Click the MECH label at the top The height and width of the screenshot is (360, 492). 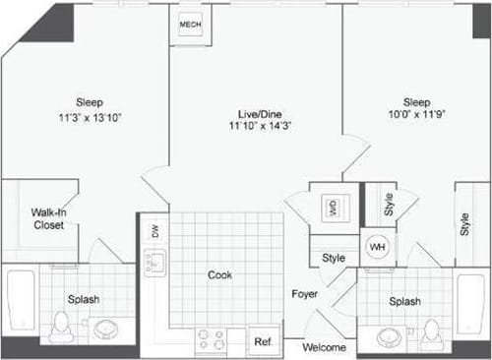point(190,24)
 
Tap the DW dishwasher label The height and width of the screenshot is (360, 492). point(153,231)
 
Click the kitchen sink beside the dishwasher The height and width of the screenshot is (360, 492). point(154,262)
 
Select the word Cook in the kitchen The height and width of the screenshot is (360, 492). point(220,275)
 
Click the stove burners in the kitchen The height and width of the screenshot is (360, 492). point(211,338)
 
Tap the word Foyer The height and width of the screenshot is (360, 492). point(302,294)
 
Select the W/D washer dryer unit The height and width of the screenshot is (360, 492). point(332,207)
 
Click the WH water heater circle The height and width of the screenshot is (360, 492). point(377,246)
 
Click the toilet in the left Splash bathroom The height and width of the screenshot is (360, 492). point(60,327)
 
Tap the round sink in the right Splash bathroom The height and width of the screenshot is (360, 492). point(391,336)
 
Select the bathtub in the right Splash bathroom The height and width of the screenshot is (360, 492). point(470,305)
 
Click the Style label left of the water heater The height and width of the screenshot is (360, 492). point(334,258)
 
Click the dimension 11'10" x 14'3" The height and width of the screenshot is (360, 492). point(257,126)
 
